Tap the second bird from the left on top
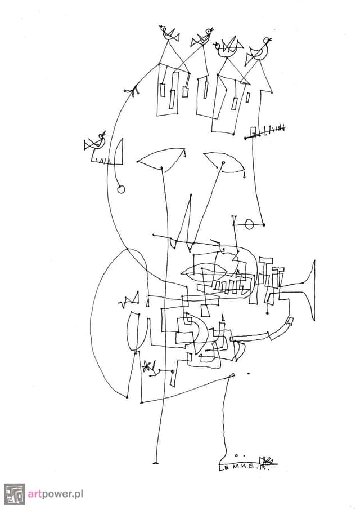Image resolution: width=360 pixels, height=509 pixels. click(202, 38)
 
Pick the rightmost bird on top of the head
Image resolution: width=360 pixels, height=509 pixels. click(261, 50)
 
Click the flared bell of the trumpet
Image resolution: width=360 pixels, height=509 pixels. click(309, 288)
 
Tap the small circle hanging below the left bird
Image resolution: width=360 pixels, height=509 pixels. click(120, 189)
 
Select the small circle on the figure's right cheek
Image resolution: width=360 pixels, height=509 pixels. click(249, 225)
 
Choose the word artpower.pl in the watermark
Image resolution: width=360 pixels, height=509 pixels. click(56, 494)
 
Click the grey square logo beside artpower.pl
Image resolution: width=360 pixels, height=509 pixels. click(14, 494)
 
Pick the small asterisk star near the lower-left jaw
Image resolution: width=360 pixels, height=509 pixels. click(148, 366)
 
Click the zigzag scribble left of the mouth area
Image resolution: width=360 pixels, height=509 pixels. click(129, 299)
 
